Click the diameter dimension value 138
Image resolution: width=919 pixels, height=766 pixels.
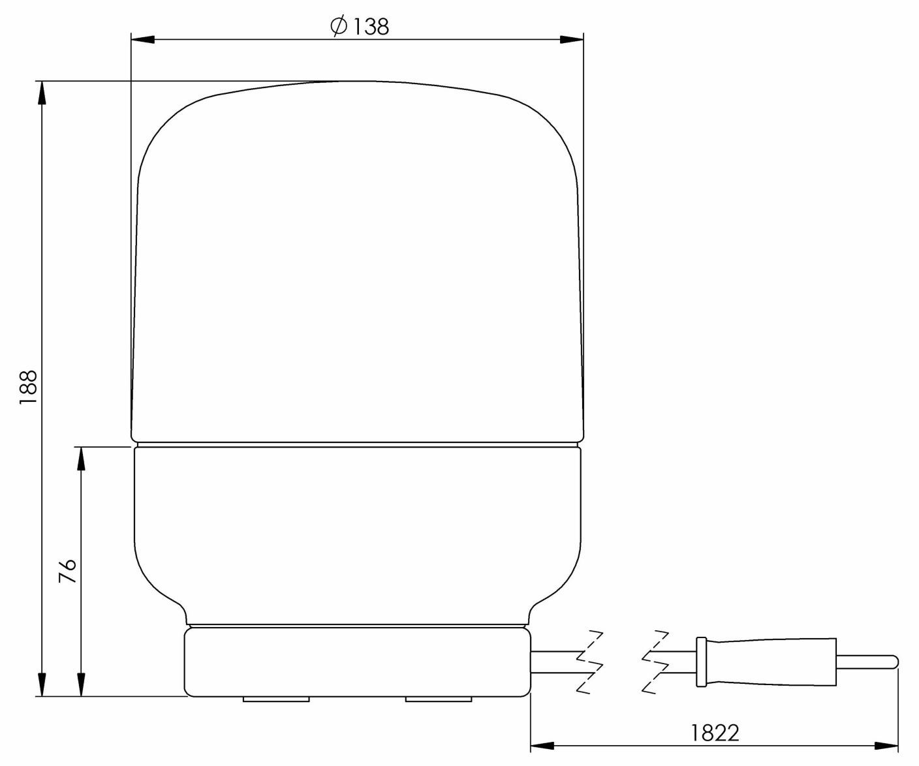tap(369, 27)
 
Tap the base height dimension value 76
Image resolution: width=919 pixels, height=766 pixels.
tap(68, 571)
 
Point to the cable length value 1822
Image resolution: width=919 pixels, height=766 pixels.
tap(715, 733)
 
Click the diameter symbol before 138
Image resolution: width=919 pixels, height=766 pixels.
tap(338, 27)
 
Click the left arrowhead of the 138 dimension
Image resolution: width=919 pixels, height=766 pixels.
tap(143, 40)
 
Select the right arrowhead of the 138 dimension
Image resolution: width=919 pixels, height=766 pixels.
tap(571, 40)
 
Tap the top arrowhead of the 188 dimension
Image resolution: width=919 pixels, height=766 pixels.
tap(42, 93)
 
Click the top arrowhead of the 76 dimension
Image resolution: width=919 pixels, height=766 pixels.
tap(81, 459)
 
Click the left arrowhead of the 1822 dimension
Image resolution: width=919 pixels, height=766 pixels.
tap(542, 745)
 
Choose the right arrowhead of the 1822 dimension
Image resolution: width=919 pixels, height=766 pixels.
tap(887, 745)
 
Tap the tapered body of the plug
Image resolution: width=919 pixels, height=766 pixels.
tap(770, 662)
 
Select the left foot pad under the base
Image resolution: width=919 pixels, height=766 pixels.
tap(275, 699)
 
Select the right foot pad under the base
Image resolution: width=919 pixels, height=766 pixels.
tap(438, 699)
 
